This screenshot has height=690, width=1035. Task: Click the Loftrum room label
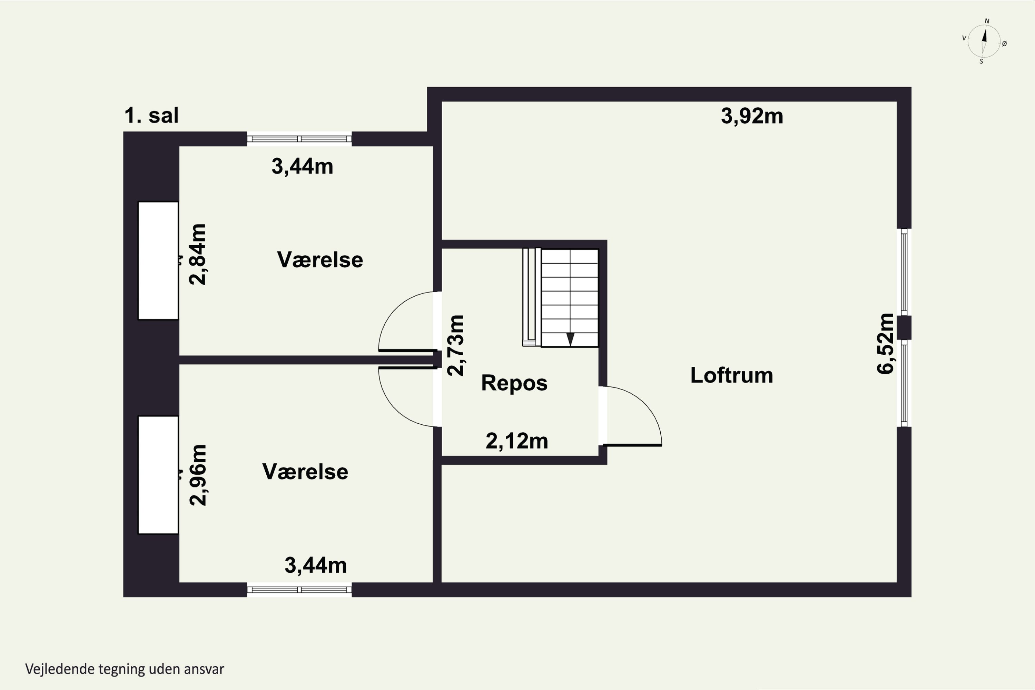coord(731,375)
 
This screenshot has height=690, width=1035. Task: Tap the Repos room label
coord(514,383)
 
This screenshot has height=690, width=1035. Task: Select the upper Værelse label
coord(320,260)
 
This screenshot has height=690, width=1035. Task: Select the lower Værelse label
coord(305,472)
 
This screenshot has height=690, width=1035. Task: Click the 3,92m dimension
coord(752,117)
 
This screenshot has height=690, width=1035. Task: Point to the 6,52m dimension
coord(885,344)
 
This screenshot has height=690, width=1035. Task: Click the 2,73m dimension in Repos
coord(455,345)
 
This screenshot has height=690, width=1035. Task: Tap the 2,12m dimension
coord(516,441)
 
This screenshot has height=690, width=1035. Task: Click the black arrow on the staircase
coord(570,339)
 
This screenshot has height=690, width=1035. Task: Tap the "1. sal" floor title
coord(151,115)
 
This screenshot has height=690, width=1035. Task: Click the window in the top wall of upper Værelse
coord(299,139)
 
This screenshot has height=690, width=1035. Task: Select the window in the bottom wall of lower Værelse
coord(299,590)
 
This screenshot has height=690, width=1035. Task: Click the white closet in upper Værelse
coord(158,260)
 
